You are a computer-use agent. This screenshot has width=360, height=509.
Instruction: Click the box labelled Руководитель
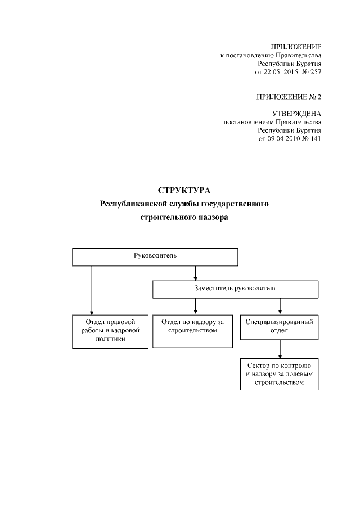pyautogui.click(x=155, y=256)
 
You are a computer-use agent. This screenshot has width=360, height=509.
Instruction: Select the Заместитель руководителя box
pyautogui.click(x=235, y=289)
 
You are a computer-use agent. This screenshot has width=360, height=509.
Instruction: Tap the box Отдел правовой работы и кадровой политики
pyautogui.click(x=106, y=331)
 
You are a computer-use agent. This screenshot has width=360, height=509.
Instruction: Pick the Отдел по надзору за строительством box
pyautogui.click(x=193, y=331)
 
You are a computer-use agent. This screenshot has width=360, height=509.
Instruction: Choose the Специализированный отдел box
pyautogui.click(x=280, y=327)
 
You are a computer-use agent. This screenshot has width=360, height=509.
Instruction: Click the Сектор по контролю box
pyautogui.click(x=280, y=374)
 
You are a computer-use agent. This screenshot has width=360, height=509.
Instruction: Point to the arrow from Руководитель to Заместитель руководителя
pyautogui.click(x=195, y=273)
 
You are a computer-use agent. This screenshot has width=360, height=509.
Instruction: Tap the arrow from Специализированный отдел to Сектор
pyautogui.click(x=280, y=349)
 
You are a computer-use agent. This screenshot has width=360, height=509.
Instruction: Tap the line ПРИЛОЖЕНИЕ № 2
pyautogui.click(x=289, y=97)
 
